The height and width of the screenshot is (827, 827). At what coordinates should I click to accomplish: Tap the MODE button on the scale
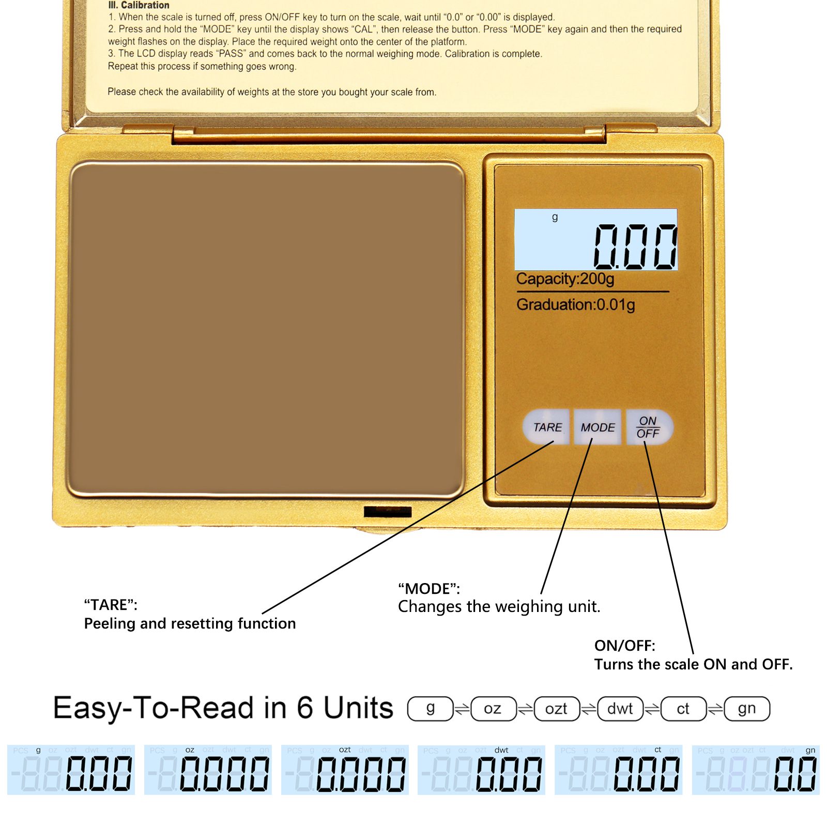[598, 427]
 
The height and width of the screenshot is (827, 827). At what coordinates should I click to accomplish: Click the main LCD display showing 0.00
[595, 240]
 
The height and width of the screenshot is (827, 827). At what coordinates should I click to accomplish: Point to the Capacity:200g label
[565, 279]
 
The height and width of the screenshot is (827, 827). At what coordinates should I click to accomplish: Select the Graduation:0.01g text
[575, 305]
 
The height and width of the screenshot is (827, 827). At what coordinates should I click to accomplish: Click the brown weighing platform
[266, 330]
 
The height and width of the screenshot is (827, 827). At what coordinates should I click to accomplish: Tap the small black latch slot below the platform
[387, 512]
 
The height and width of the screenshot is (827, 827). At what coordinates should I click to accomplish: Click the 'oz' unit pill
[493, 709]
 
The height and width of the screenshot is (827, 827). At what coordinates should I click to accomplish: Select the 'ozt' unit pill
[556, 709]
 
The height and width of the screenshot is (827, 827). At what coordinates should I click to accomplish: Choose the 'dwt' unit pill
[620, 709]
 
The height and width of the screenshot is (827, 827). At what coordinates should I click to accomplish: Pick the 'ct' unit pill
[683, 709]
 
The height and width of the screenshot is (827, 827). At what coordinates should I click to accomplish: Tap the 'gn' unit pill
[747, 709]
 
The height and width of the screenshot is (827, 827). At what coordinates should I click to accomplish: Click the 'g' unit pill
[430, 709]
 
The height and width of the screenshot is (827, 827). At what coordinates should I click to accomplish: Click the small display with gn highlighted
[755, 770]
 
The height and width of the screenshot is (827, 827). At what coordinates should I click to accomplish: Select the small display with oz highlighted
[208, 770]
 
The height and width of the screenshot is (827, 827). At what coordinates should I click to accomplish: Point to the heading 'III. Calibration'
[139, 5]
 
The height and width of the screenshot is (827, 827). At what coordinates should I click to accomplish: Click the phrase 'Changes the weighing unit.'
[499, 606]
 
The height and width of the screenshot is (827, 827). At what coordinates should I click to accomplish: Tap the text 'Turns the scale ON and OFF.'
[693, 664]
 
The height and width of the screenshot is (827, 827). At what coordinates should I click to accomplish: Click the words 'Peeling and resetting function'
[190, 623]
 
